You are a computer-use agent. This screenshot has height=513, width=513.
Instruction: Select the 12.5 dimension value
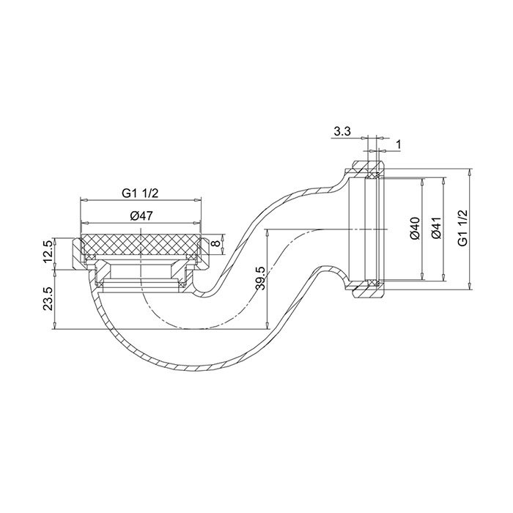click(48, 251)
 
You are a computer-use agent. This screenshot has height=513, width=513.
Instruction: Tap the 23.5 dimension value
click(48, 299)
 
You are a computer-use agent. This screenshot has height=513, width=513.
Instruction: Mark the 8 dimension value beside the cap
click(215, 243)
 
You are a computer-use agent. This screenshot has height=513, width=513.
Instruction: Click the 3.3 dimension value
click(342, 132)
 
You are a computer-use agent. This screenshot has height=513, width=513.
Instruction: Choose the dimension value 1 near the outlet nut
click(398, 144)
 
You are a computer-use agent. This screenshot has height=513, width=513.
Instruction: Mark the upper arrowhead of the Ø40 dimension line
click(422, 180)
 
